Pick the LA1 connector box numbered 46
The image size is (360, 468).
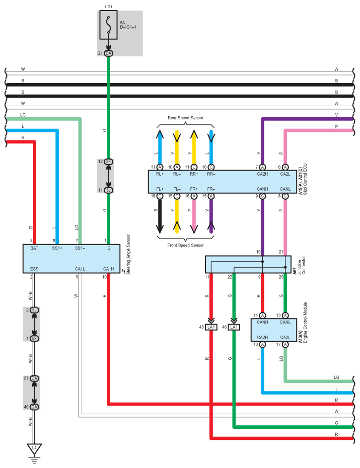tap(234, 327)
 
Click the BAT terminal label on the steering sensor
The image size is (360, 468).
tap(34, 248)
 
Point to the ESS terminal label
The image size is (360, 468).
tap(34, 268)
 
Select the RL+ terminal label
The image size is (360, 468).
tap(160, 174)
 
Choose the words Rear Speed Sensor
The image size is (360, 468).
tap(185, 118)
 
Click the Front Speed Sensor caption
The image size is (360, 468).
tap(185, 245)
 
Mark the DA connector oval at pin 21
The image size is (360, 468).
tap(108, 53)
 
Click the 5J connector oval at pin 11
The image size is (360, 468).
tap(108, 190)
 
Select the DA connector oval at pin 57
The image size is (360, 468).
tap(34, 378)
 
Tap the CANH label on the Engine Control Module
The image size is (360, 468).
tap(262, 323)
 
